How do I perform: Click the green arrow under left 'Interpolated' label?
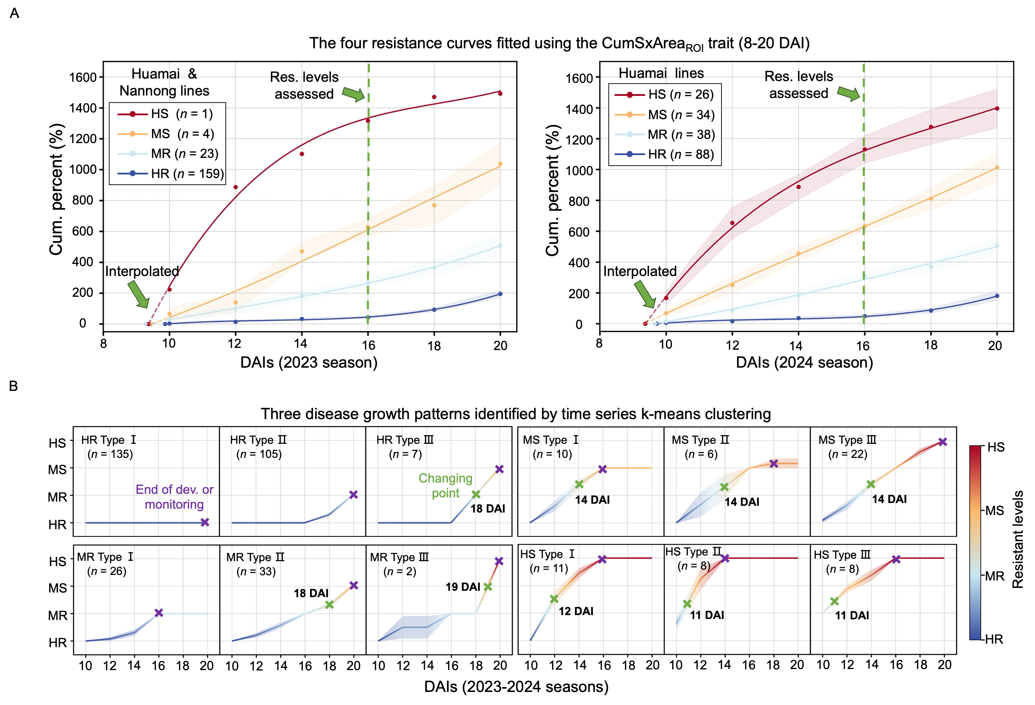pos(139,294)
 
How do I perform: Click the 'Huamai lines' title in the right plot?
pos(661,73)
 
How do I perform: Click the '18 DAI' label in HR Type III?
pos(488,508)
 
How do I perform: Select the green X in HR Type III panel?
pos(476,494)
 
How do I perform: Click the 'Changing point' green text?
pos(445,485)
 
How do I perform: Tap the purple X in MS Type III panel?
pos(942,442)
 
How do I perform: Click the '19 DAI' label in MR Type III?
pos(463,587)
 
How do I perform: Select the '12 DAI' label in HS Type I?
pos(576,611)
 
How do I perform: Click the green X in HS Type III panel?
pos(835,601)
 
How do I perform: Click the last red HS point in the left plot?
pos(500,93)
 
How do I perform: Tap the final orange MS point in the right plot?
pos(997,167)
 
